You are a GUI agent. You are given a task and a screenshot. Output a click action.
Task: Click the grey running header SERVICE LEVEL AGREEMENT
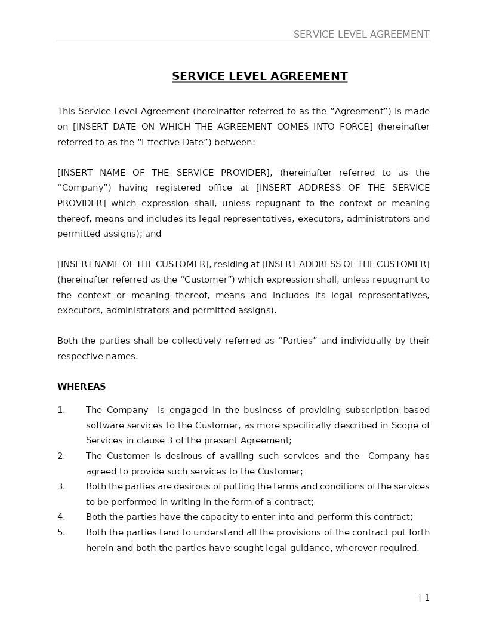(x=361, y=35)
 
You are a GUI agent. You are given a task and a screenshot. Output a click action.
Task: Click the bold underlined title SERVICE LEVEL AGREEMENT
(x=260, y=76)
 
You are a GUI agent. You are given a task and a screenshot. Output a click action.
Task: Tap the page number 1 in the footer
(x=427, y=598)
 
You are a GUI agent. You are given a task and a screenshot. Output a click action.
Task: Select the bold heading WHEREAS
(x=81, y=387)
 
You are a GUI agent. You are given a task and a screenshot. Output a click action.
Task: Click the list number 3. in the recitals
(x=61, y=486)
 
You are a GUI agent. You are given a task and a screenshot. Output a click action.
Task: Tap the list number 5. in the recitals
(x=61, y=532)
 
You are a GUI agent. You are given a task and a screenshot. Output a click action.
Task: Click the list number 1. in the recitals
(x=61, y=410)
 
